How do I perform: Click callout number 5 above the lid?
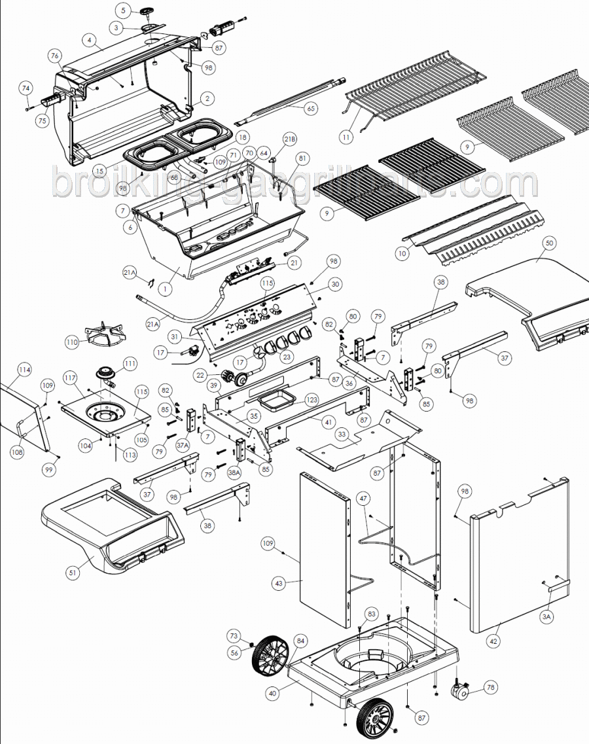pyautogui.click(x=122, y=10)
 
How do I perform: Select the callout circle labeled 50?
pyautogui.click(x=549, y=242)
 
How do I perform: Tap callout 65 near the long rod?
pyautogui.click(x=310, y=109)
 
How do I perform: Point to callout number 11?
pyautogui.click(x=346, y=137)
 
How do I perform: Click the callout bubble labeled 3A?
pyautogui.click(x=547, y=616)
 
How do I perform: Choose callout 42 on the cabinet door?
pyautogui.click(x=493, y=643)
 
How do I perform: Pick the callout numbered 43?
pyautogui.click(x=279, y=582)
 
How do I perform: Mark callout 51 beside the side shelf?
pyautogui.click(x=73, y=573)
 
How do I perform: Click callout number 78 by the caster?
pyautogui.click(x=491, y=687)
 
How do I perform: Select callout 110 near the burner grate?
pyautogui.click(x=72, y=342)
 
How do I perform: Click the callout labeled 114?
pyautogui.click(x=24, y=370)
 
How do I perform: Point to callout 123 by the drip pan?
pyautogui.click(x=312, y=399)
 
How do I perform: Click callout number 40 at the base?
pyautogui.click(x=272, y=692)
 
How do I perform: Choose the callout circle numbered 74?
pyautogui.click(x=26, y=88)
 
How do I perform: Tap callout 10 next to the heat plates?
pyautogui.click(x=402, y=253)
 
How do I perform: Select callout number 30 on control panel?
pyautogui.click(x=335, y=285)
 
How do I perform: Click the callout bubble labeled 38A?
pyautogui.click(x=234, y=472)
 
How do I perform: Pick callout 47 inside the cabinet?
pyautogui.click(x=363, y=499)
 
